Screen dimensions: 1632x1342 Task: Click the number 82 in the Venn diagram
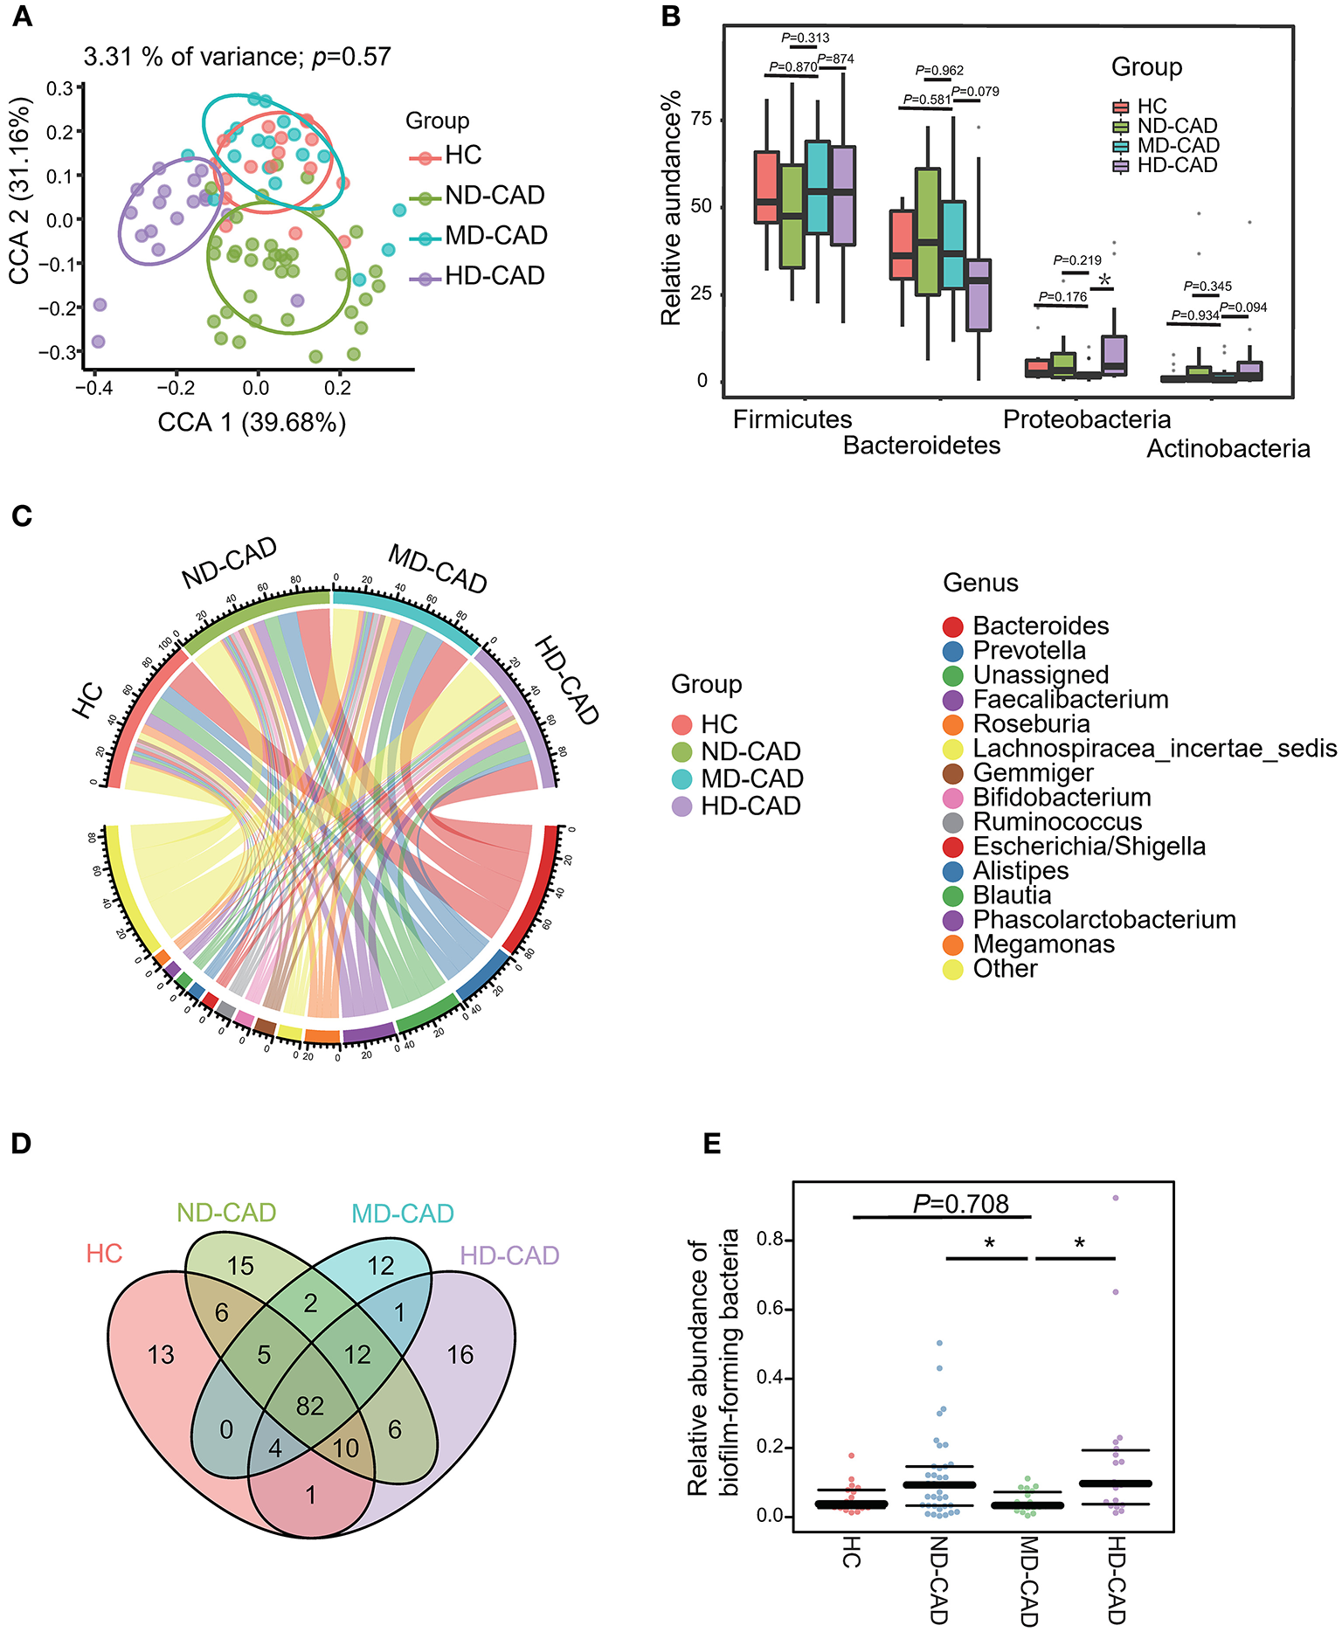tap(310, 1406)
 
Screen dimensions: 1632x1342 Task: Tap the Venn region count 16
tap(460, 1354)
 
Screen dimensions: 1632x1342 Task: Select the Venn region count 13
tap(161, 1354)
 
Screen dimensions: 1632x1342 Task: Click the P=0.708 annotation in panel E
tap(960, 1204)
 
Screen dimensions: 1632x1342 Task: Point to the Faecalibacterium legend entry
tap(1070, 699)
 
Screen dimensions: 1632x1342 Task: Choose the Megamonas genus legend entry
tap(1043, 944)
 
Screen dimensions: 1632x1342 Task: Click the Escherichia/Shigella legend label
tap(1089, 846)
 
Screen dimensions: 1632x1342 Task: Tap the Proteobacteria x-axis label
tap(1086, 419)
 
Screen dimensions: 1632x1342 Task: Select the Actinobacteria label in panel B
tap(1228, 448)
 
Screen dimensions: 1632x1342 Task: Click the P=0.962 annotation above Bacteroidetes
tap(939, 70)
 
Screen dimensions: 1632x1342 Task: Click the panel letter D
tap(21, 1144)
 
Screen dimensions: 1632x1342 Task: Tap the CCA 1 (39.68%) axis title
tap(252, 423)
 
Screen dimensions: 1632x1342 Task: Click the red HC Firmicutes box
tap(766, 187)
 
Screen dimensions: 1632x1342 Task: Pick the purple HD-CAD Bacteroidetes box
tap(979, 294)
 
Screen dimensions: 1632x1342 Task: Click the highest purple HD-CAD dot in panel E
tap(1116, 1198)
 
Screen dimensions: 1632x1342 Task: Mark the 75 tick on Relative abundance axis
tap(702, 119)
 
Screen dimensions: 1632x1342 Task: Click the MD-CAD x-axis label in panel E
tap(1029, 1581)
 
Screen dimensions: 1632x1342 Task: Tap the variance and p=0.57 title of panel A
tap(237, 57)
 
